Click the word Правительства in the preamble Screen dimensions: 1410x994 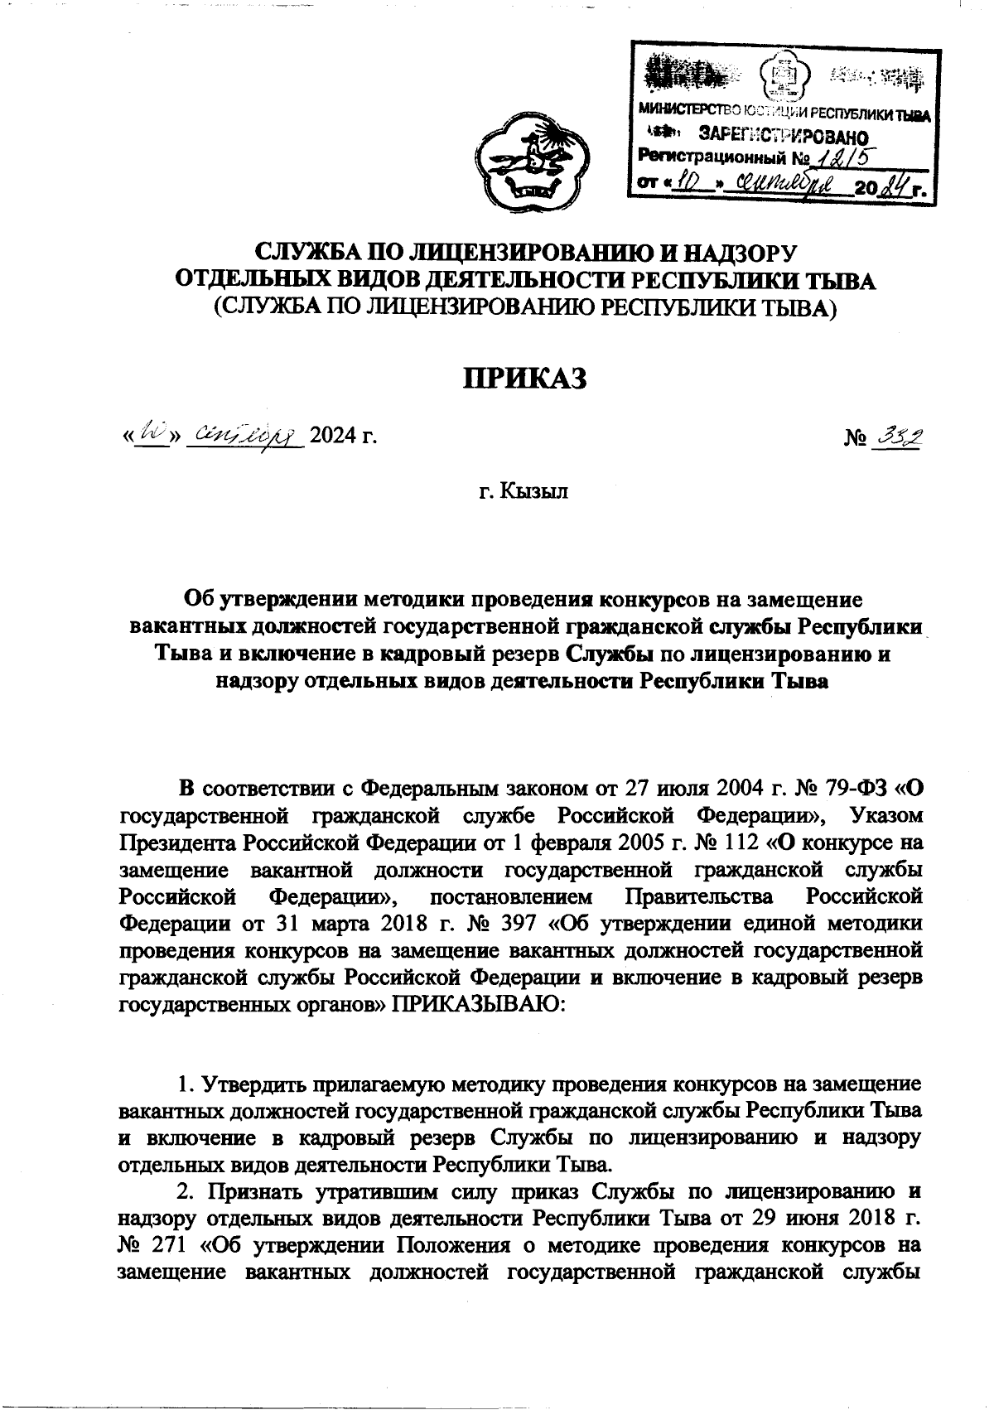tap(699, 896)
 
